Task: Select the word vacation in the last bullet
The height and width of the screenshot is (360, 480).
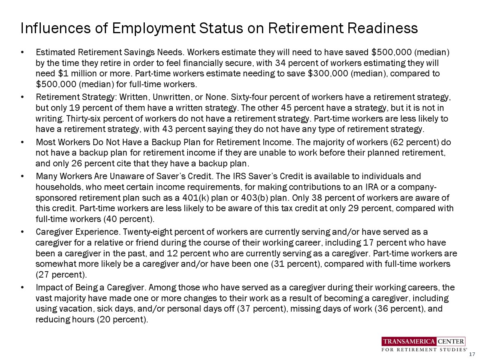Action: coord(76,309)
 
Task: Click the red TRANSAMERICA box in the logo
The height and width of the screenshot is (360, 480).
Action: coord(409,341)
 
